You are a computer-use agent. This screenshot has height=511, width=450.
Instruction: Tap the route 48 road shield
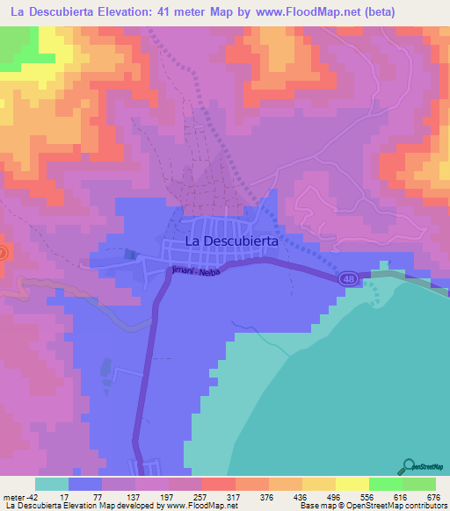click(348, 277)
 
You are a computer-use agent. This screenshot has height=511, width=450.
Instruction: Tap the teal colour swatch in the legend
click(52, 484)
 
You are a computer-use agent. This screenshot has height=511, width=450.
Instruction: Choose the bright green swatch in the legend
click(384, 484)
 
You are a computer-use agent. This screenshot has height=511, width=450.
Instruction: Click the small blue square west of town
click(131, 255)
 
